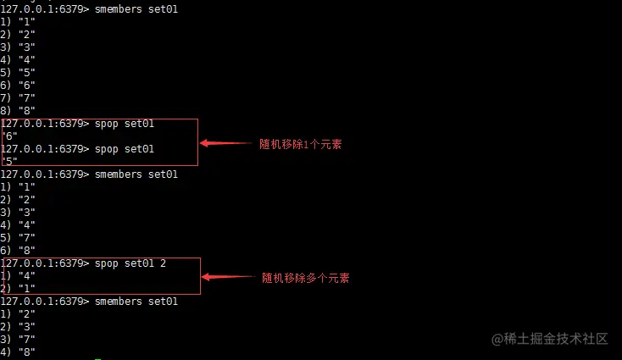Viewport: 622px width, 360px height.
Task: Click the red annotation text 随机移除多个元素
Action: [305, 277]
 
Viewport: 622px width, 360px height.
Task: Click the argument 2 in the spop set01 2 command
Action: [163, 263]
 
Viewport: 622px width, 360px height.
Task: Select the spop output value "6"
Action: [10, 136]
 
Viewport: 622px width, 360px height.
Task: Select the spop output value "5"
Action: [10, 161]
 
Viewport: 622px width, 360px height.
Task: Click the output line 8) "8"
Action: [18, 110]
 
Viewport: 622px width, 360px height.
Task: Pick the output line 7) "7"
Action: [18, 97]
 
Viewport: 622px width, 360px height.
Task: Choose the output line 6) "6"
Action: [18, 85]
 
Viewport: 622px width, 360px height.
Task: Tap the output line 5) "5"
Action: [18, 72]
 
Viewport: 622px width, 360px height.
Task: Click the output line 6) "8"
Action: [18, 251]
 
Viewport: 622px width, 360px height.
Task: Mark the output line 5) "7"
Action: [18, 238]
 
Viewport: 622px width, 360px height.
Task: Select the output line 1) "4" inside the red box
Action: [18, 276]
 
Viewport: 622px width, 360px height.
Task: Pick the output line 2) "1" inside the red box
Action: [18, 289]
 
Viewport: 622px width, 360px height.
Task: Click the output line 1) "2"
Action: [18, 314]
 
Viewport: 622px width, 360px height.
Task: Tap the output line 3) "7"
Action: [18, 340]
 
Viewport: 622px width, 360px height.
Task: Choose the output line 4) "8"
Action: [18, 352]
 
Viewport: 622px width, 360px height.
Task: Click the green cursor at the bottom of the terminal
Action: [98, 358]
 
